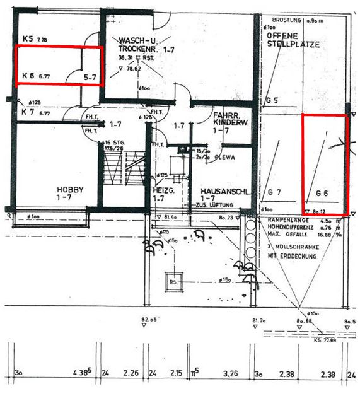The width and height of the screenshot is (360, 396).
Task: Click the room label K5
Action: coord(27,39)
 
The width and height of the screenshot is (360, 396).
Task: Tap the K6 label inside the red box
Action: coord(27,76)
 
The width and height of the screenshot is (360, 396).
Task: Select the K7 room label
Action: coord(27,113)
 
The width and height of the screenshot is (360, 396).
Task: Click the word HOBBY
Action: coord(70,189)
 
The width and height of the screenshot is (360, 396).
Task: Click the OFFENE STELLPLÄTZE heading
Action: coord(293,40)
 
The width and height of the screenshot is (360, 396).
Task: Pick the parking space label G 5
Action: coord(272,100)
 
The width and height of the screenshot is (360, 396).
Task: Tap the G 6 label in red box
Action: coord(322,192)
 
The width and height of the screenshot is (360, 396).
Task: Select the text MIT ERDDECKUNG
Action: coord(292,256)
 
